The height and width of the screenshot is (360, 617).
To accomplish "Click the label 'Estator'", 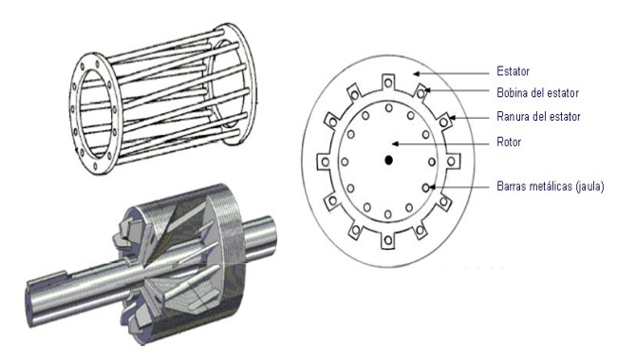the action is [513, 71].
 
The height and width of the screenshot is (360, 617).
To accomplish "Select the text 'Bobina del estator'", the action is [537, 93].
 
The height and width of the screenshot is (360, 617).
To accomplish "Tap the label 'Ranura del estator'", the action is [538, 117].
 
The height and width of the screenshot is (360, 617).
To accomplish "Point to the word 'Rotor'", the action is [509, 142].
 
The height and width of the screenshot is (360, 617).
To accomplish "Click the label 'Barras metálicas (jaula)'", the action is [551, 186].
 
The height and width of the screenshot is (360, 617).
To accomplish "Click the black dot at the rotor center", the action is [389, 161].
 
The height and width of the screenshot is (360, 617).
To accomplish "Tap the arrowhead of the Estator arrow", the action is [416, 73].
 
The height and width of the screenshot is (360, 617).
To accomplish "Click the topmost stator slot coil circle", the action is [388, 83].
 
